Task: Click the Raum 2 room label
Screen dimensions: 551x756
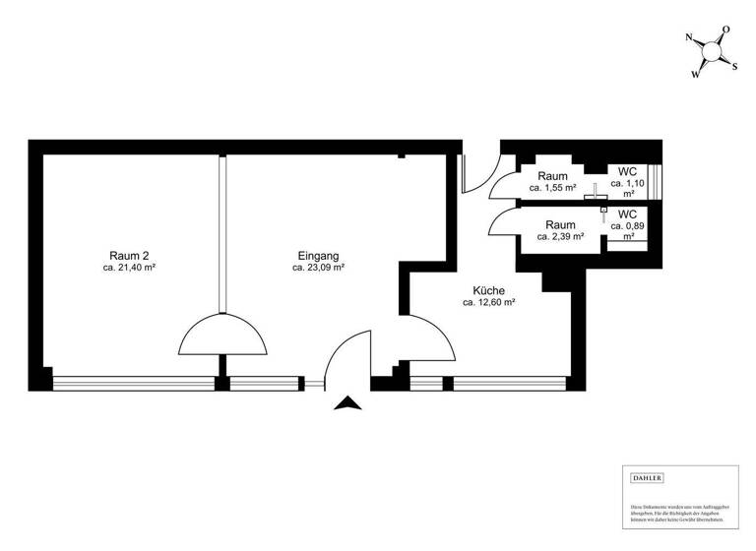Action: [130, 254]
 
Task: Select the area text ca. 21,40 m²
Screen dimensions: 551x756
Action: [130, 267]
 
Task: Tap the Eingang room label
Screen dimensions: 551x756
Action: [318, 254]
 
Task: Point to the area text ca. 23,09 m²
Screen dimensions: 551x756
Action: [318, 267]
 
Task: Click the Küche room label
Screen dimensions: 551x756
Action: [489, 291]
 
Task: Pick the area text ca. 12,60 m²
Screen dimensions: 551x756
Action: [489, 304]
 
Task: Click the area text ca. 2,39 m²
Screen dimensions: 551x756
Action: [560, 236]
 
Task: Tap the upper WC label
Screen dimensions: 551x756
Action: [627, 171]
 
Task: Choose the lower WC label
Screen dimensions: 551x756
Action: [627, 214]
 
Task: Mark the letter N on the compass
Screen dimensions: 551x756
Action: [690, 38]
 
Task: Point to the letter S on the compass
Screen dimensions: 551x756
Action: [734, 66]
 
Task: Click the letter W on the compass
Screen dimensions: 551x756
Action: [696, 74]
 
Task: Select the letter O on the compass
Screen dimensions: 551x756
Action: [725, 31]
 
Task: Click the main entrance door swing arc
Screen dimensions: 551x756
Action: [348, 356]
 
